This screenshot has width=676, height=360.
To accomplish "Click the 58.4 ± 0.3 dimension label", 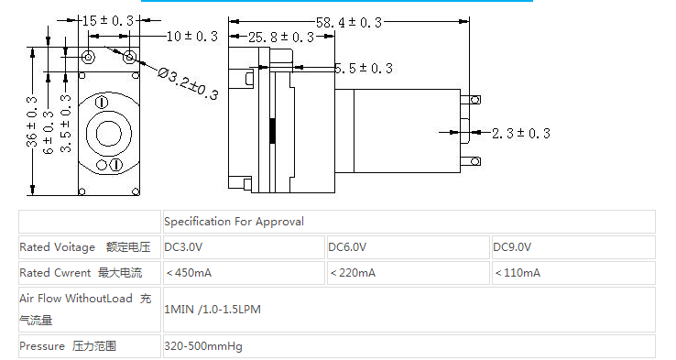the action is (x=349, y=22).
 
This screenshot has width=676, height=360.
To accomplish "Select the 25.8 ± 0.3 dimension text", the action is (x=281, y=37).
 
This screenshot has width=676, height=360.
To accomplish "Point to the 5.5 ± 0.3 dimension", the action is (x=364, y=68).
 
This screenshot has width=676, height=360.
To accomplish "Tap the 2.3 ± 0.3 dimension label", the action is (x=521, y=133).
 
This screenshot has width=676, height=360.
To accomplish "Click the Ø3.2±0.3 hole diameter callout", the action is (x=188, y=83).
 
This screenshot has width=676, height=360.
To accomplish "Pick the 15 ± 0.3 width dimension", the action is (x=108, y=20).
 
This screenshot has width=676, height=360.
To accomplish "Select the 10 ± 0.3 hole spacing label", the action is (x=191, y=37).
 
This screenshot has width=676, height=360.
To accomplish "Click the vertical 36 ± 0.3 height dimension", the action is (x=32, y=122).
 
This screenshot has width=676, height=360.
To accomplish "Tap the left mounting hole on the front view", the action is (x=88, y=57).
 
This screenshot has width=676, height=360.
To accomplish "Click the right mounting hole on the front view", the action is (x=130, y=57).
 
